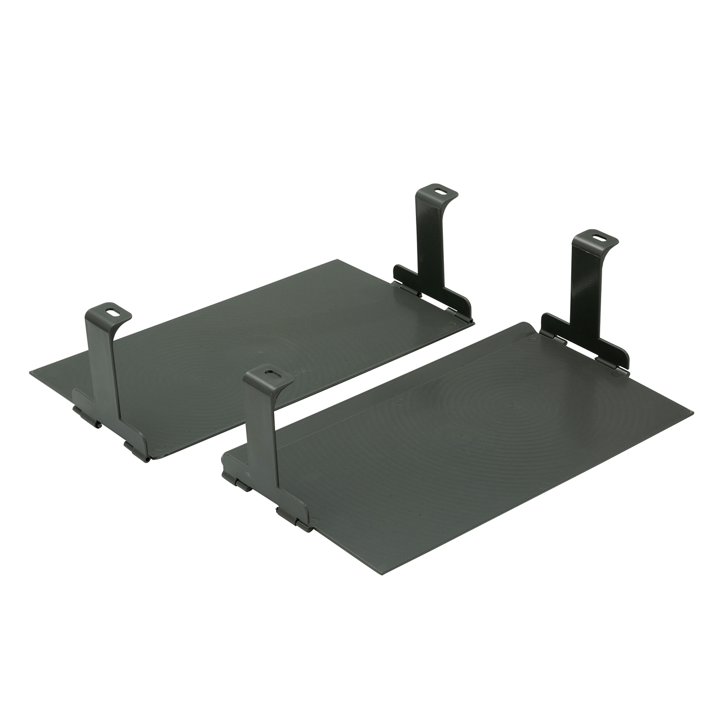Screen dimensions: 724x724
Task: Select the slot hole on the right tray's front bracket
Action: (x=271, y=373)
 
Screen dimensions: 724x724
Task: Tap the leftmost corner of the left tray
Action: (x=30, y=371)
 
